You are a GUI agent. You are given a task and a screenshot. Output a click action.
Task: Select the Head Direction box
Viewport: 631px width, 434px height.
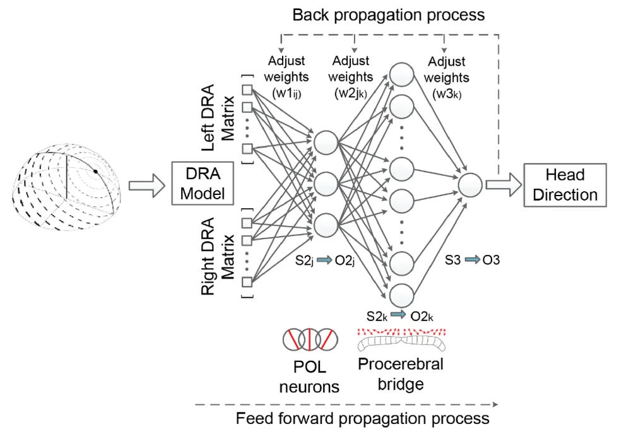point(564,184)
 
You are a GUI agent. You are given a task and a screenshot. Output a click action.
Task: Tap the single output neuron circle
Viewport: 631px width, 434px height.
point(470,184)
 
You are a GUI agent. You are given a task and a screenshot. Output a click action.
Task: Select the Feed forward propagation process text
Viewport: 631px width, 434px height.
point(362,418)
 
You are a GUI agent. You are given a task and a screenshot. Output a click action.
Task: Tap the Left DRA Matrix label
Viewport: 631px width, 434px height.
point(218,119)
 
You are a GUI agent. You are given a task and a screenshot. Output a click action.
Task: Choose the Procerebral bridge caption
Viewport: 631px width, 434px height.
point(400,373)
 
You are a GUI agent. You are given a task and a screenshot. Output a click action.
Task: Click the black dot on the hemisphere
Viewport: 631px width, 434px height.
point(95,172)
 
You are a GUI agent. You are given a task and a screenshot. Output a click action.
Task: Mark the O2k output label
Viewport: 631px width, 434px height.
point(421,315)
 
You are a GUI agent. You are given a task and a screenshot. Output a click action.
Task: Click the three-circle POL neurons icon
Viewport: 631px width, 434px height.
point(309,340)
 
